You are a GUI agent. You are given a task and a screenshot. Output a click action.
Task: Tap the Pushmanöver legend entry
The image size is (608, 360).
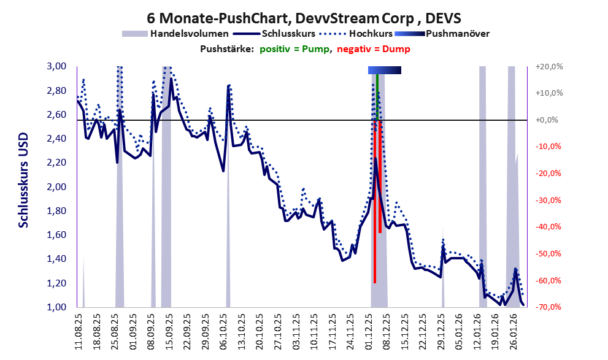coord(456,34)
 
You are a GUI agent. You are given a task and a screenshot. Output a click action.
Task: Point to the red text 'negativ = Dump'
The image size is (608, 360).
coord(374,49)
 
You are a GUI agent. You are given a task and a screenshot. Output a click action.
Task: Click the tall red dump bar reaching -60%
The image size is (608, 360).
coord(374,233)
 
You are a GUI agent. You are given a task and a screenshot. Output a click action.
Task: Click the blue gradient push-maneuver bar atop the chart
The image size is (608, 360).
coord(384,71)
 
